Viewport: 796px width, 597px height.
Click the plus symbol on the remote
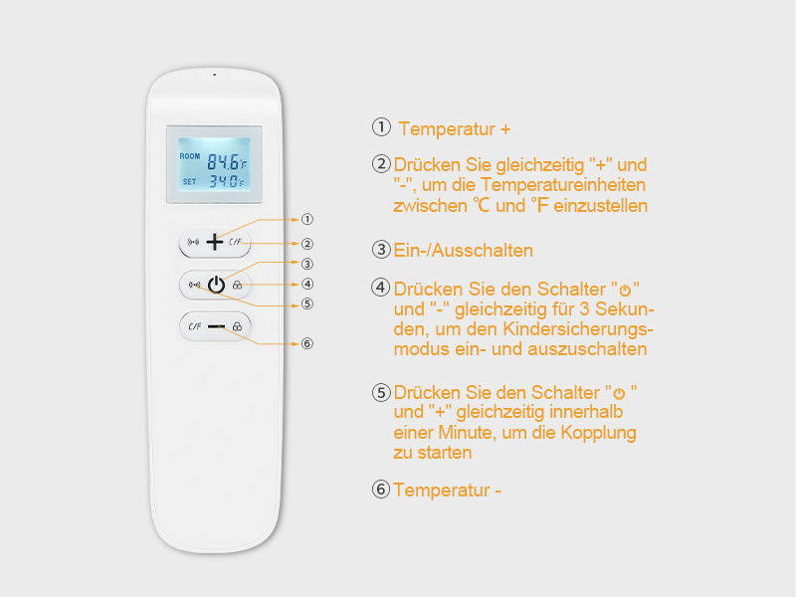215,242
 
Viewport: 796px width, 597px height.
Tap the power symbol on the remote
215,285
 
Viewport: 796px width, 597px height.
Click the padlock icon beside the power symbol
238,286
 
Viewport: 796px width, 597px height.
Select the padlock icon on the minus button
237,326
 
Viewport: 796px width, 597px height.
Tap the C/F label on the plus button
235,242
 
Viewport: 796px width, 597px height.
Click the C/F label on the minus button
194,326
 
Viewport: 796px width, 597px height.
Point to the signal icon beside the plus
193,242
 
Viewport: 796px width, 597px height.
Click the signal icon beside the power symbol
193,285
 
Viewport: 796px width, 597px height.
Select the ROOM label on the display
189,156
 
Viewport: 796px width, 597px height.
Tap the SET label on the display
189,181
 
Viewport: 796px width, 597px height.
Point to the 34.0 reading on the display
222,181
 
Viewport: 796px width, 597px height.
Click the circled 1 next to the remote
307,219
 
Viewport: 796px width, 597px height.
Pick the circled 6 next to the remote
307,343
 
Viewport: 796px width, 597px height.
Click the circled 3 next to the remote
307,264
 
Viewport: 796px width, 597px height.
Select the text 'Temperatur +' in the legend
455,129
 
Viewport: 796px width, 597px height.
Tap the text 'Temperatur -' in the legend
447,490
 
